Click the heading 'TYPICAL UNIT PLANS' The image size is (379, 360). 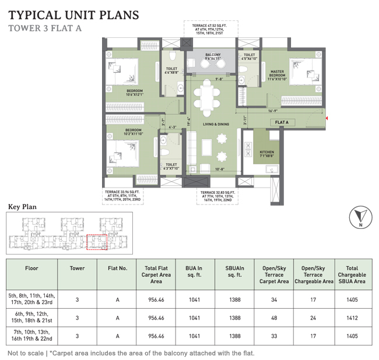pyautogui.click(x=73, y=15)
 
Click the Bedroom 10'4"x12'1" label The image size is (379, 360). pyautogui.click(x=135, y=92)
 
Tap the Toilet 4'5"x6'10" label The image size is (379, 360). pyautogui.click(x=249, y=56)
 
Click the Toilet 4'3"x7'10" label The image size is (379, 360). pyautogui.click(x=171, y=167)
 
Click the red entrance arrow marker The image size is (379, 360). pyautogui.click(x=327, y=119)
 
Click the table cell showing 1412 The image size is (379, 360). pyautogui.click(x=351, y=318)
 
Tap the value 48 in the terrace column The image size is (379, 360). pyautogui.click(x=273, y=318)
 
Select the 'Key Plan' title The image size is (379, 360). pyautogui.click(x=22, y=206)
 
